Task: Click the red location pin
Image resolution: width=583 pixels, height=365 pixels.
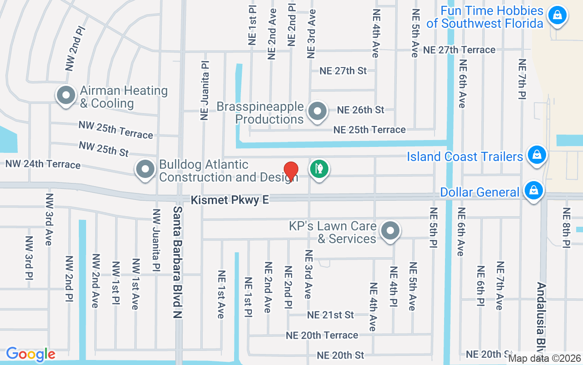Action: tap(291, 172)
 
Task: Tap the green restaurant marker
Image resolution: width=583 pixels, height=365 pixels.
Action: tap(319, 168)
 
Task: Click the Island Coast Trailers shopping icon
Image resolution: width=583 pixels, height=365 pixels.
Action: tap(537, 155)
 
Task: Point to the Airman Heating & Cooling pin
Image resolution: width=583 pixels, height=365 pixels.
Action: tap(66, 95)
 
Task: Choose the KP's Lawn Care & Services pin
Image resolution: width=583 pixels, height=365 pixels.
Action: tap(390, 231)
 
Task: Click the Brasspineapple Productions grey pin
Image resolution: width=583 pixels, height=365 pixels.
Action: tap(317, 111)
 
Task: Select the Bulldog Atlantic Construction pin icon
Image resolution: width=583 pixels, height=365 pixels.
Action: tap(145, 169)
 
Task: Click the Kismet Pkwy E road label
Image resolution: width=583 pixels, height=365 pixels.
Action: tap(230, 200)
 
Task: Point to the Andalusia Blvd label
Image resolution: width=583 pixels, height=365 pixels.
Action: tap(541, 319)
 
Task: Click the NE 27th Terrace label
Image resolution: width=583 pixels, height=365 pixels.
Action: tap(459, 50)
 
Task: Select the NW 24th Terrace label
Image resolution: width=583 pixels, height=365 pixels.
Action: tap(43, 164)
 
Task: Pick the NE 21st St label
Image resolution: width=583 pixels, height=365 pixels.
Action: tap(330, 315)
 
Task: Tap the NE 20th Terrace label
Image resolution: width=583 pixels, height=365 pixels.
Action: tap(322, 335)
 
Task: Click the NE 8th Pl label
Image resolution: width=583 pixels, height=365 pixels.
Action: tap(567, 227)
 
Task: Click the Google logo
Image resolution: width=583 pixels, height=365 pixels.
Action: tap(31, 354)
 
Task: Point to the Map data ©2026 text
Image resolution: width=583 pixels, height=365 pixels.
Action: tap(545, 359)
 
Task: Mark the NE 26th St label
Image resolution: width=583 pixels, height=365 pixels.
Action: tap(360, 110)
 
